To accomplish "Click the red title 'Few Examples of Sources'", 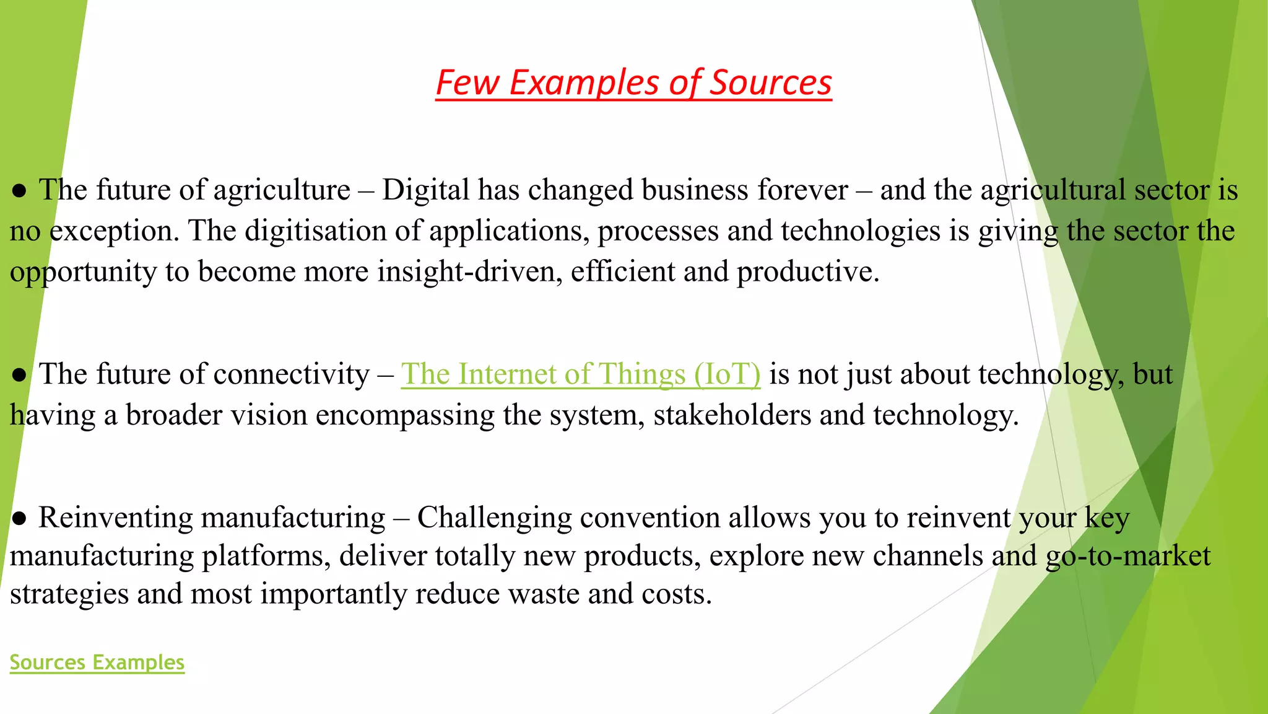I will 633,82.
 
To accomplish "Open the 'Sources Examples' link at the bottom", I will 97,662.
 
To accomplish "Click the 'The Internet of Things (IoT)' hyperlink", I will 580,374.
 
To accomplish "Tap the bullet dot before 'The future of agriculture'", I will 19,191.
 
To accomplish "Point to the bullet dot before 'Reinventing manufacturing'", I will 19,519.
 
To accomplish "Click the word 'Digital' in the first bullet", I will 425,190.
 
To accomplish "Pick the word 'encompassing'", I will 405,415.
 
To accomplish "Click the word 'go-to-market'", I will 1127,556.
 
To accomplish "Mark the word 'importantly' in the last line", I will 333,594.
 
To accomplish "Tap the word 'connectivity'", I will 291,374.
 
